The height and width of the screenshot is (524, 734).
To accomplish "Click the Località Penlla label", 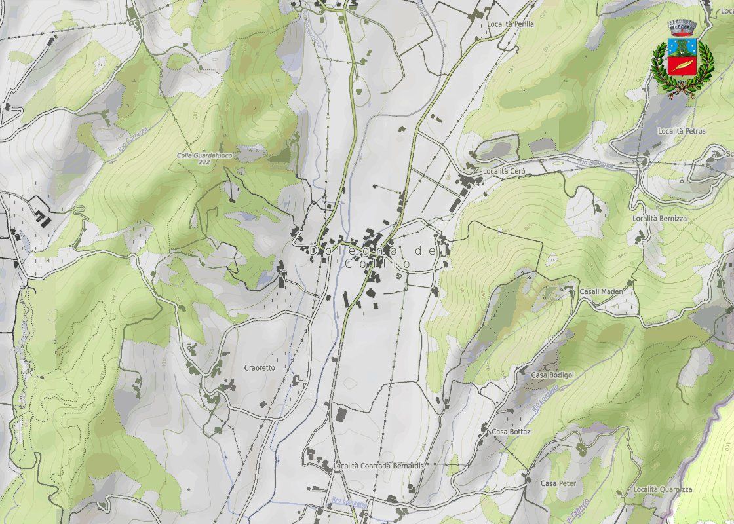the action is [511, 24].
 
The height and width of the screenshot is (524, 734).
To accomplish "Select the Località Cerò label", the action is [504, 171].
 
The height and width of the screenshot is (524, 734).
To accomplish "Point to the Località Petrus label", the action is [682, 131].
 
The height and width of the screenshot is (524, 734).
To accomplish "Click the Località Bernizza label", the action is [659, 218].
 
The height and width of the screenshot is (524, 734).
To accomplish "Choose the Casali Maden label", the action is [601, 291].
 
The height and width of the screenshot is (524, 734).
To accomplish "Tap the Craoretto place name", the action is [260, 368].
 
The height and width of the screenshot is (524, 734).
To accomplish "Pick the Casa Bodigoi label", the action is [552, 375].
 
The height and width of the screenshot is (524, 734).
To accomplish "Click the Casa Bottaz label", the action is [511, 432].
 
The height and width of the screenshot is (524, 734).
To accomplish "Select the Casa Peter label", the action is [558, 483].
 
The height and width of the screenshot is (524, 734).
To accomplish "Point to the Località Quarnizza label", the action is [663, 490].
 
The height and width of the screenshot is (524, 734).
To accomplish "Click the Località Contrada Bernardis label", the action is [379, 466].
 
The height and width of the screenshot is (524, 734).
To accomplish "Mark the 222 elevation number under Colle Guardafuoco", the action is [204, 162].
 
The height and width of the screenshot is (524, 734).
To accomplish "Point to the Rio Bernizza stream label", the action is [596, 162].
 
